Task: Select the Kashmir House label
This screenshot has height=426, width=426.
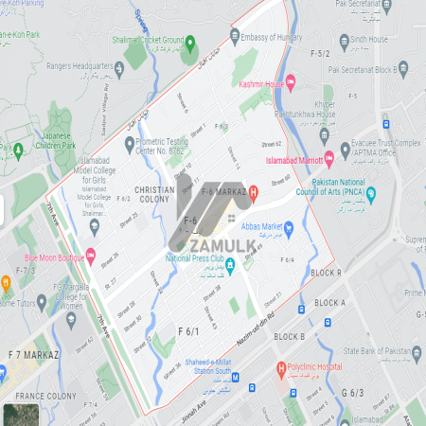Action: [x=262, y=84]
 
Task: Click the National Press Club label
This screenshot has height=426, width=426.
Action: [x=202, y=257]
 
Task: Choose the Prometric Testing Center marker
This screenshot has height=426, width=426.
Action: [x=130, y=143]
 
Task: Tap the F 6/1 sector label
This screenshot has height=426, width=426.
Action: [x=189, y=330]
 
